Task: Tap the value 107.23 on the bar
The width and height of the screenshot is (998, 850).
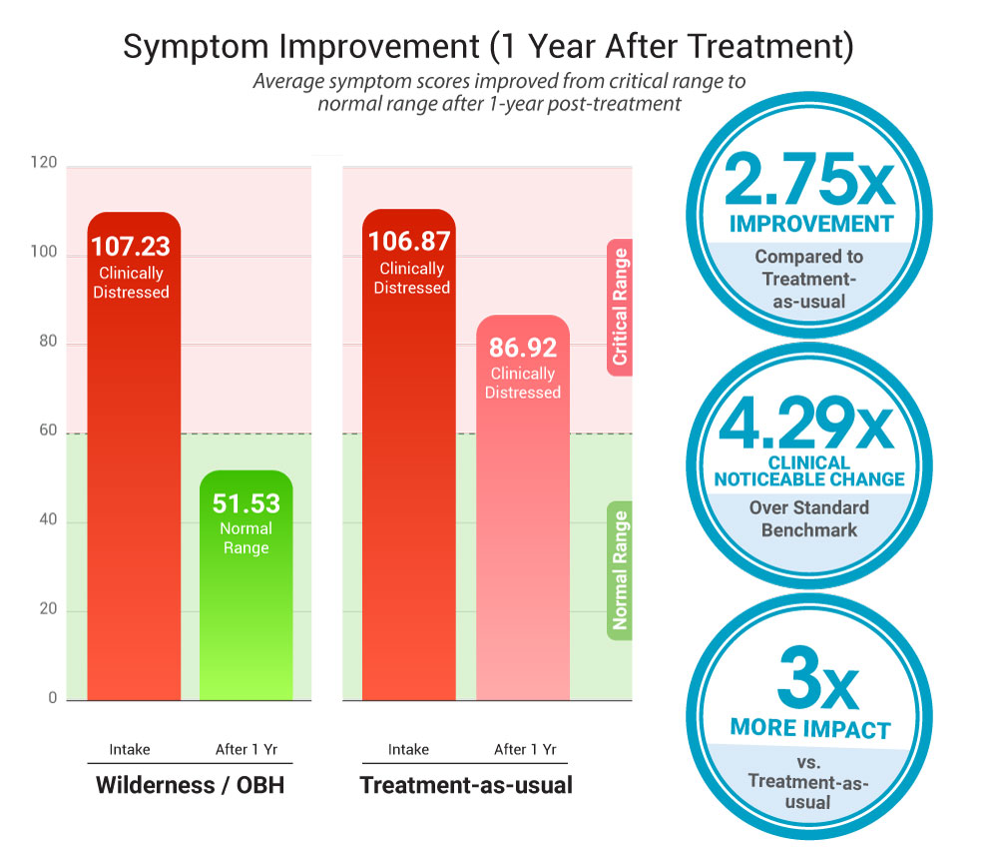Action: (131, 247)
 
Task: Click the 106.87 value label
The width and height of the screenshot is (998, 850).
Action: (409, 242)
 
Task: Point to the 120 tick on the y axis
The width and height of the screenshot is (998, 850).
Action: (44, 164)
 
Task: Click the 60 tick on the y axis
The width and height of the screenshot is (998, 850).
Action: (48, 432)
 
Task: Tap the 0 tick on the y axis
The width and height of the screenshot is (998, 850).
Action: (53, 698)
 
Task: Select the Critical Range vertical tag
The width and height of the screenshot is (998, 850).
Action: (620, 307)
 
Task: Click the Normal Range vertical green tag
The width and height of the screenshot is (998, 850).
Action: (620, 570)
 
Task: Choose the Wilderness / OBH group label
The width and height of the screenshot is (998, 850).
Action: (190, 785)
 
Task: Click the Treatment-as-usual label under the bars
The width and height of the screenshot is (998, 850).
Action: (466, 785)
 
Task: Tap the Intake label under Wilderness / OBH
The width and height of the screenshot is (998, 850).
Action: (130, 749)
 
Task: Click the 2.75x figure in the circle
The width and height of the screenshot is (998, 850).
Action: (808, 181)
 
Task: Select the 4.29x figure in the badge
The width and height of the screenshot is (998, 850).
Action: (808, 426)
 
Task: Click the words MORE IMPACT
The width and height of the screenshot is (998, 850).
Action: (809, 728)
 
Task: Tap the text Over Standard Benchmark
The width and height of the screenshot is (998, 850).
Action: (809, 518)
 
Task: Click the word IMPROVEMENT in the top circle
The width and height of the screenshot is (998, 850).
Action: (810, 224)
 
